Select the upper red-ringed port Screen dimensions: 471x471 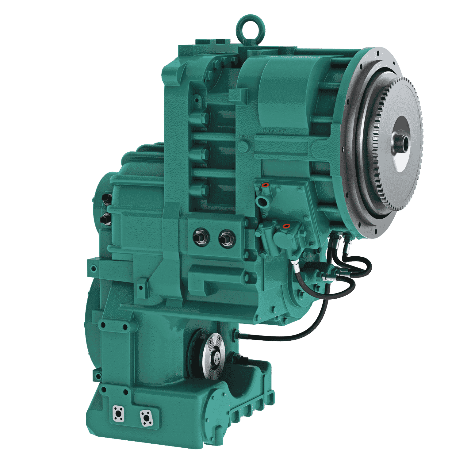tap(265, 185)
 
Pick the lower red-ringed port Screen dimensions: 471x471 tap(286, 226)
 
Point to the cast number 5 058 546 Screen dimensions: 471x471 tap(275, 131)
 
